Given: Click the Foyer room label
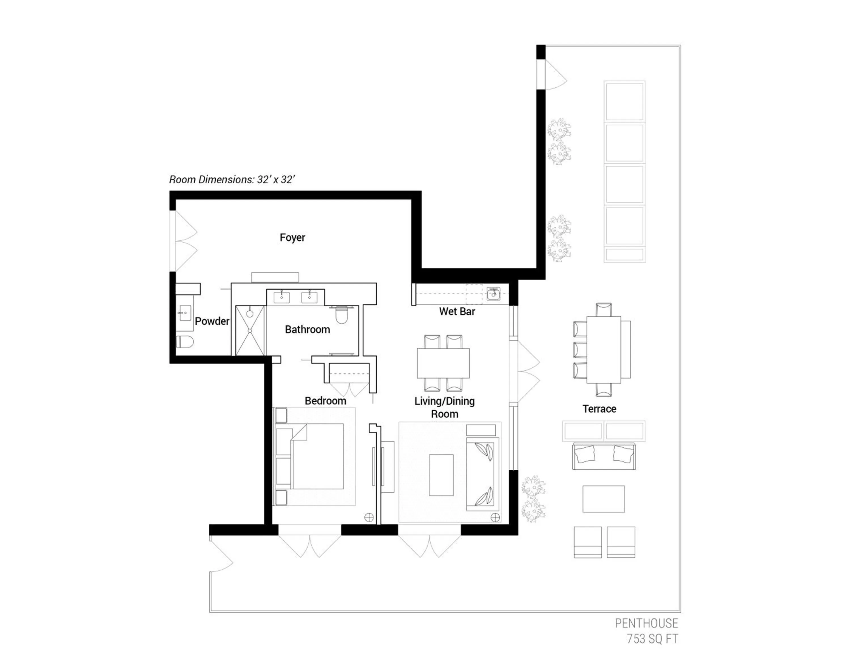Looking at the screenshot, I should click(292, 238).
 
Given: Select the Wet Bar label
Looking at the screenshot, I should click(457, 311).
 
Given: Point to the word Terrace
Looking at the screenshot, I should click(599, 409).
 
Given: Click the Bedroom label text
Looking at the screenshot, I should click(325, 401).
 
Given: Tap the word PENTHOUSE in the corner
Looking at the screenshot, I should click(646, 623).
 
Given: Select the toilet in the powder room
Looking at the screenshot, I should click(185, 341).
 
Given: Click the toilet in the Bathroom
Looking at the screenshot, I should click(341, 315).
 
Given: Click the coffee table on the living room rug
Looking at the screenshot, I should click(441, 475).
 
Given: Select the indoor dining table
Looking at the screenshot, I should click(443, 363).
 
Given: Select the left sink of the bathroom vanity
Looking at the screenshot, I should click(281, 298).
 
